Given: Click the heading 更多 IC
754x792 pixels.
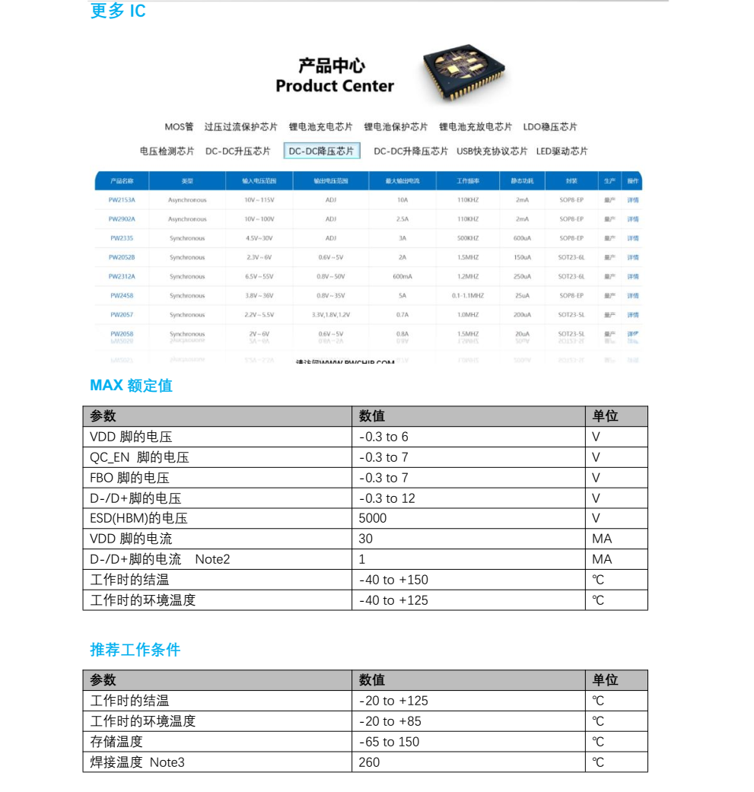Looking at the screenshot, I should pos(118,11).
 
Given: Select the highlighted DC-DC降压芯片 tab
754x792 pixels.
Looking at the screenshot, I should pos(321,151).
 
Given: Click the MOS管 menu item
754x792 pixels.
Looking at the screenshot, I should pos(179,126).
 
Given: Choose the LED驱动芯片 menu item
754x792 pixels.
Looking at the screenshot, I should pos(562,151).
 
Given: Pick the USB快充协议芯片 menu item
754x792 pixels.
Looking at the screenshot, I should pos(492,151).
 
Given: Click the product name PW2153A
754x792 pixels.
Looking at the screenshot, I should pos(122,200).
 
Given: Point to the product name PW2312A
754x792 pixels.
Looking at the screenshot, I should pos(122,276).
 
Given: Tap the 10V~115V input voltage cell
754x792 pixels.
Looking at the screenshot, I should pos(259,200).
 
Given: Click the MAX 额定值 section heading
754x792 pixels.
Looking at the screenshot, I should pos(131,385).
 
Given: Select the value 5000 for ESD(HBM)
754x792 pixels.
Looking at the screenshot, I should pos(373,518).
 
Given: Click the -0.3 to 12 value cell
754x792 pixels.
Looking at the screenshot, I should pos(387,498).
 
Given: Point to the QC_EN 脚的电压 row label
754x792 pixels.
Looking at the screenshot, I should pos(139,457).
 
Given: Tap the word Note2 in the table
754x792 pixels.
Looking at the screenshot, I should pos(212,559).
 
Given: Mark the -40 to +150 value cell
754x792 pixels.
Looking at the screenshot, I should pos(393,580).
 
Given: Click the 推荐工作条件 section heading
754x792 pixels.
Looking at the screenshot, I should pos(135,650).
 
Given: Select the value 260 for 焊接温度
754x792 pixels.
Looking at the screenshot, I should pos(369,762).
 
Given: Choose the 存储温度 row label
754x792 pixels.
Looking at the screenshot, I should pos(116,741).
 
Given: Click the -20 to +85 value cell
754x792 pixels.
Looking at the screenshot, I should pos(390,721).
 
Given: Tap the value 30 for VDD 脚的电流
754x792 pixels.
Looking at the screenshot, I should pos(366,539).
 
